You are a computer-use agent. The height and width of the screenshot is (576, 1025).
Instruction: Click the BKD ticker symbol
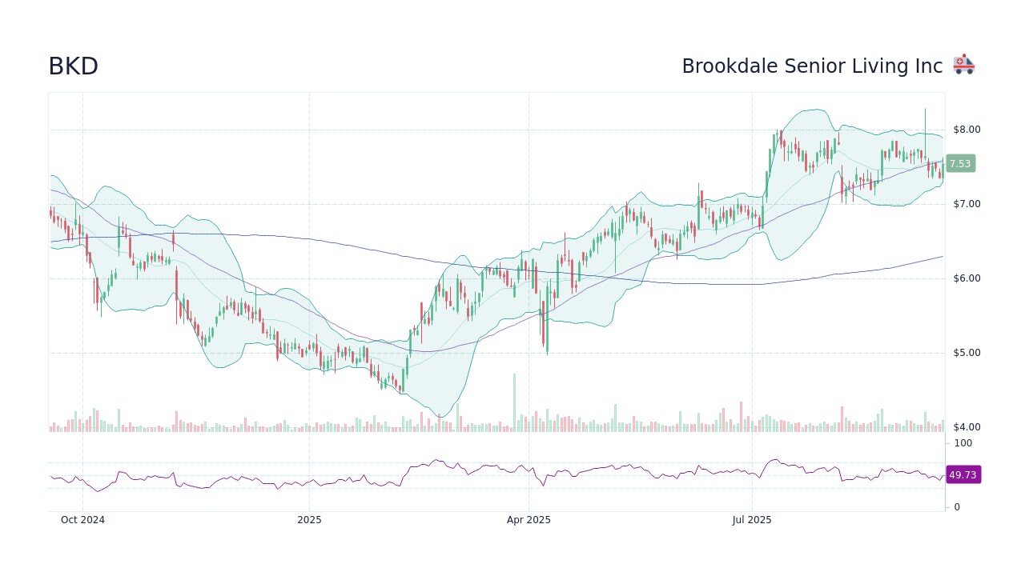[x=73, y=66]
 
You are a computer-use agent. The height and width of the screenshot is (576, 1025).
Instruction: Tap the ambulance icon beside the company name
[x=963, y=65]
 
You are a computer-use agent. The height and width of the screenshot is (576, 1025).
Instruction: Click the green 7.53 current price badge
[x=960, y=164]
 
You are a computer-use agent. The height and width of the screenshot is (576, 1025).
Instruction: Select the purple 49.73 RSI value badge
[x=963, y=475]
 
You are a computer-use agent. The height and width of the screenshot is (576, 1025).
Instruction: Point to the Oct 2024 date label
[x=82, y=520]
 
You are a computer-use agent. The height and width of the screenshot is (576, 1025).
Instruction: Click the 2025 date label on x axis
[x=309, y=520]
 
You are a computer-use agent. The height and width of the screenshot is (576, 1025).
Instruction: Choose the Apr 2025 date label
[x=529, y=520]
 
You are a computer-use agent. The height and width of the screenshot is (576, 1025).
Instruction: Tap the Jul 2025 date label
[x=752, y=520]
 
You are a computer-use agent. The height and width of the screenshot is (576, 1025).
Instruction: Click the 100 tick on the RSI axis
[x=963, y=443]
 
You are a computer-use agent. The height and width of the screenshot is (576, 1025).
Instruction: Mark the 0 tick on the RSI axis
[x=957, y=507]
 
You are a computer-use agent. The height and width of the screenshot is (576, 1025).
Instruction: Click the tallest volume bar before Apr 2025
[x=514, y=402]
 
